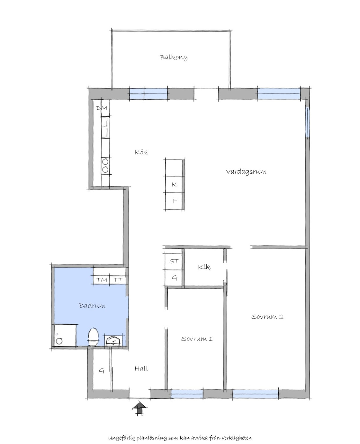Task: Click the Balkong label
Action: (x=173, y=57)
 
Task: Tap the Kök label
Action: (x=141, y=152)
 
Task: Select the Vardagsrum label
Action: (x=246, y=171)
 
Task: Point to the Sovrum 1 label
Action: (x=196, y=339)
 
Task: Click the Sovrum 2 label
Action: (x=267, y=317)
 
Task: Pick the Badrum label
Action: (x=92, y=305)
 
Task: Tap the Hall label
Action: (x=141, y=368)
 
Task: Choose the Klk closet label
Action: (x=204, y=267)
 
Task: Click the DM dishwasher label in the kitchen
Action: (x=102, y=108)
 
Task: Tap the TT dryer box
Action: (x=118, y=279)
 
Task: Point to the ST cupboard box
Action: (x=173, y=261)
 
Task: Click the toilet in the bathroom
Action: (x=93, y=337)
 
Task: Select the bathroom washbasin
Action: (x=114, y=341)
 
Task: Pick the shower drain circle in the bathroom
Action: (x=59, y=341)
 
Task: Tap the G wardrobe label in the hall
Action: (x=101, y=371)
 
